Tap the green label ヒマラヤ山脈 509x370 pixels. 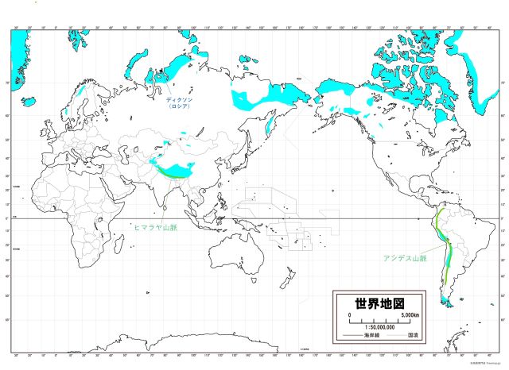click(x=157, y=227)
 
